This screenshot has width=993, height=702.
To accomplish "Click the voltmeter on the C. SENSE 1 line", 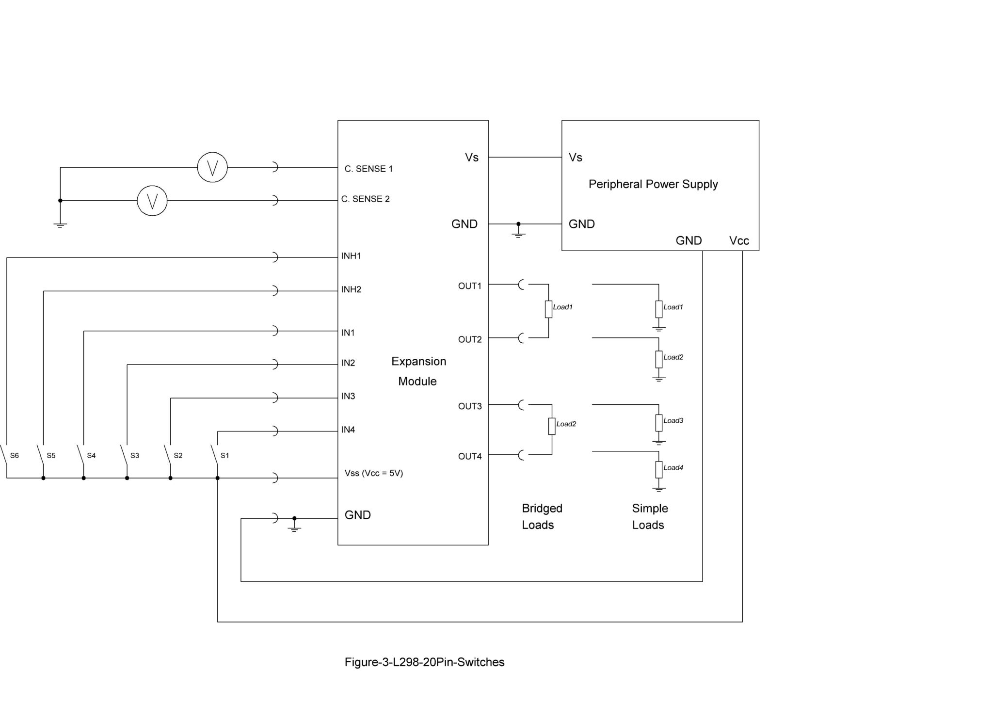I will pos(212,167).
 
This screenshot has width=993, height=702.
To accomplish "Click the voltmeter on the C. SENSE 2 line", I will pos(152,201).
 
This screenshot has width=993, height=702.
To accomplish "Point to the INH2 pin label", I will pos(351,289).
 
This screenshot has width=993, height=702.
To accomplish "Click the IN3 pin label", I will pos(348,396).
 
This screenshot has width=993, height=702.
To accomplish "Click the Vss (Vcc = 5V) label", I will pos(373,473).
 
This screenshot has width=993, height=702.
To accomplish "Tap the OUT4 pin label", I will pos(470,456).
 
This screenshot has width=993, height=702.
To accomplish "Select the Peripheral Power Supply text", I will pos(653,184).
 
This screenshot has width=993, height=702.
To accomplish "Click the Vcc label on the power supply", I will pos(739,241).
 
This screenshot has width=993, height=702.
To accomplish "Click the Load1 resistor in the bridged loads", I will pos(548,309).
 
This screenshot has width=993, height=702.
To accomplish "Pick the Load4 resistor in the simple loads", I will pos(658,469).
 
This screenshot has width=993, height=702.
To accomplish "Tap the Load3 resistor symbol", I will pos(658,423).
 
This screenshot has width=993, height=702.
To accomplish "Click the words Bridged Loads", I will pos(542,516).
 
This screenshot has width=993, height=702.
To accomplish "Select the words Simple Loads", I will pos(650,516).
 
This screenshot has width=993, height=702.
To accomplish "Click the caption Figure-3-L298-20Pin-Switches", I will pos(424,662).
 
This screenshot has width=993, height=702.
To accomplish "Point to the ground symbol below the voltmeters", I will pos(60,224).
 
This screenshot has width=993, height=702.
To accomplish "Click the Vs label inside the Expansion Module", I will pos(471,158).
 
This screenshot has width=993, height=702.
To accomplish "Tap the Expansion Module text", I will pos(418,371).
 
